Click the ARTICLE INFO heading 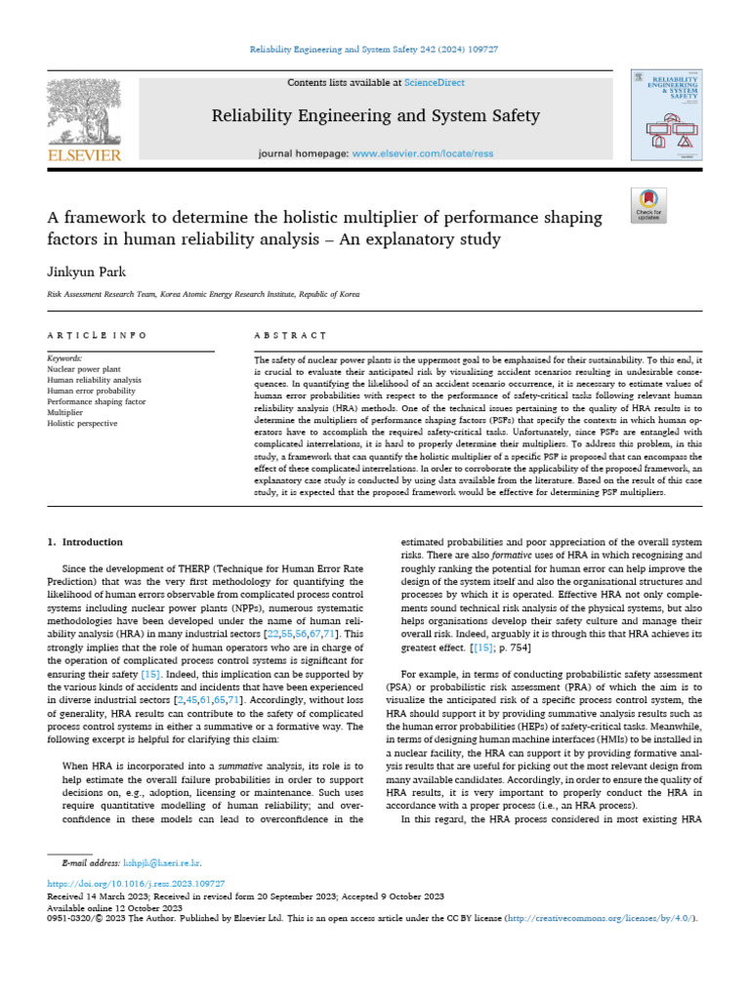tap(97, 335)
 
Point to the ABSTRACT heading tap(290, 335)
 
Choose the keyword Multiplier tap(65, 412)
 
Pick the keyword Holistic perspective tap(82, 423)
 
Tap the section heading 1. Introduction tap(85, 542)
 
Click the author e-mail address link tap(162, 863)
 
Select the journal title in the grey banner tap(375, 116)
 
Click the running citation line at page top tap(375, 49)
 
